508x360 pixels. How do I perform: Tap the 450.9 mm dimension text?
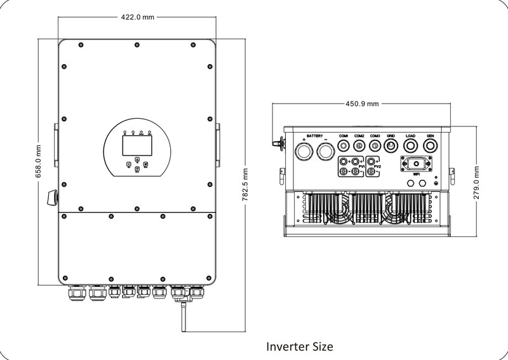pyautogui.click(x=363, y=104)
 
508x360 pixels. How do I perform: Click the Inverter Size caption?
pyautogui.click(x=297, y=347)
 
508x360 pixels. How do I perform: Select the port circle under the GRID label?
pyautogui.click(x=391, y=147)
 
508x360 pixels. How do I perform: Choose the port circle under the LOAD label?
pyautogui.click(x=410, y=147)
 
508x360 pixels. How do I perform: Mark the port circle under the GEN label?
pyautogui.click(x=431, y=147)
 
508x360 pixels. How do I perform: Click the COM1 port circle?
pyautogui.click(x=344, y=147)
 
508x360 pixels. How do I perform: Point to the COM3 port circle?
pyautogui.click(x=375, y=147)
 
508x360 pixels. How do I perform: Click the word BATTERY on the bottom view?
pyautogui.click(x=315, y=136)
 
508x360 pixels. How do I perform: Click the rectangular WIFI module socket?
pyautogui.click(x=417, y=163)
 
